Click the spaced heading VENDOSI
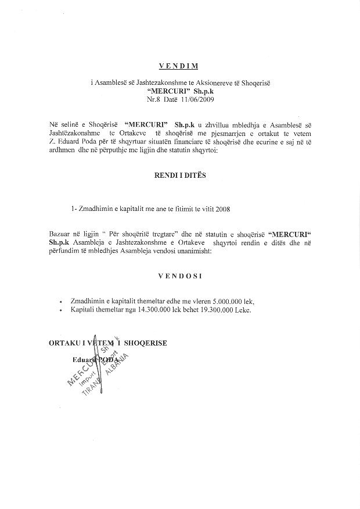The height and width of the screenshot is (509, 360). pos(180,277)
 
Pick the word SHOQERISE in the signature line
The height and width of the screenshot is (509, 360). pos(146,343)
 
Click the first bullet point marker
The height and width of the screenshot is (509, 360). pos(62,302)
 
